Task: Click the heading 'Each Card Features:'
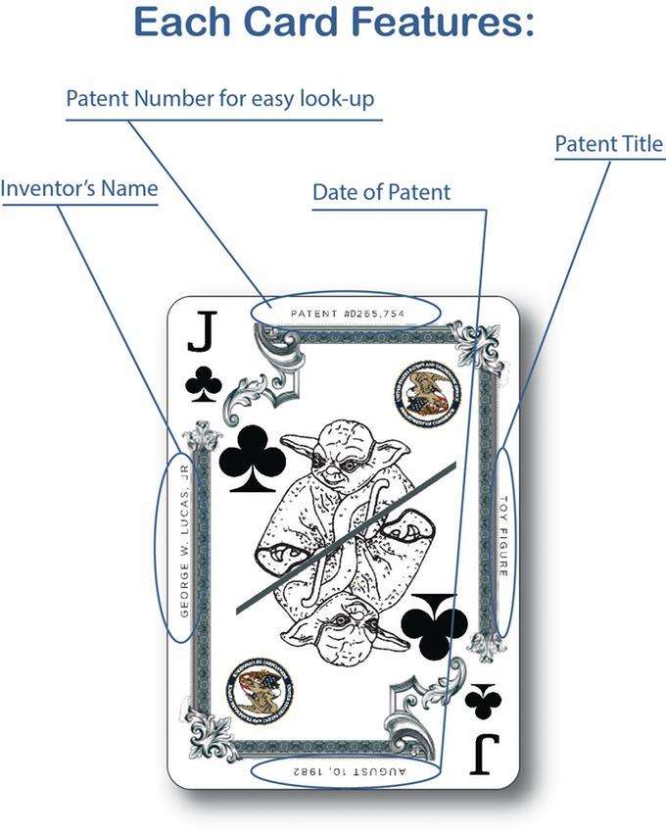pyautogui.click(x=333, y=25)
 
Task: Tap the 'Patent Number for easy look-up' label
pyautogui.click(x=219, y=99)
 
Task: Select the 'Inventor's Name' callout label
pyautogui.click(x=78, y=187)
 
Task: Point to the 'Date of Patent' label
pyautogui.click(x=381, y=192)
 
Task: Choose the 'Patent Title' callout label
pyautogui.click(x=608, y=145)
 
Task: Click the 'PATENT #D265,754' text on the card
pyautogui.click(x=347, y=314)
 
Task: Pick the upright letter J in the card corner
pyautogui.click(x=201, y=336)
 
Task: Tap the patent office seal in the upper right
pyautogui.click(x=424, y=389)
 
